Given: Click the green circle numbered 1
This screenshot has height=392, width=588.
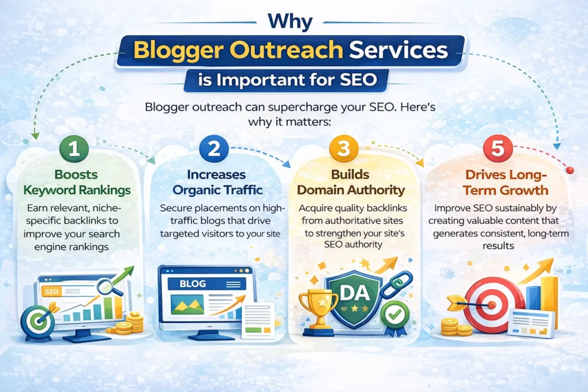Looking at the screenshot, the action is tap(74, 149).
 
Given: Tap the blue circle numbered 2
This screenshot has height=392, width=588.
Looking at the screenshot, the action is tap(214, 149).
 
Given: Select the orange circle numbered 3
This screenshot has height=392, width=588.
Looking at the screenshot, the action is tap(343, 149).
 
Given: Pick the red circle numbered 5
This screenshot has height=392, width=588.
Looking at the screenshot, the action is tap(498, 149).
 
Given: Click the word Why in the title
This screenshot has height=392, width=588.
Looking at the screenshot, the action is tap(290, 21).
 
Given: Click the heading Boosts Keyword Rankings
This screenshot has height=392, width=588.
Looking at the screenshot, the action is tap(76, 182).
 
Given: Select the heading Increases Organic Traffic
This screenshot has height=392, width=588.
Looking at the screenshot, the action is tap(217, 182).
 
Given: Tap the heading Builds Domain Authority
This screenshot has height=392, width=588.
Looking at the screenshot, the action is tap(351, 182).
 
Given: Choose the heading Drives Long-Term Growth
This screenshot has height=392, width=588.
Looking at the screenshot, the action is tap(505, 182).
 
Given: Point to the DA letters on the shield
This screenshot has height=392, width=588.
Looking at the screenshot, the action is tap(355, 292).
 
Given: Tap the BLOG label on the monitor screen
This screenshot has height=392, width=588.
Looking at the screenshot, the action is tap(193, 284).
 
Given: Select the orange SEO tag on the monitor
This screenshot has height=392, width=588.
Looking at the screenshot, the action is tap(51, 291).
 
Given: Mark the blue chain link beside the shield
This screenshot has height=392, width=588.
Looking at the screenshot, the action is tap(396, 285).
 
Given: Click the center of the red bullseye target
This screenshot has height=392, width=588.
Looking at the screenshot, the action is tap(492, 305).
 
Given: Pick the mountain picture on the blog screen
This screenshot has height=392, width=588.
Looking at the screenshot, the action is tap(187, 304).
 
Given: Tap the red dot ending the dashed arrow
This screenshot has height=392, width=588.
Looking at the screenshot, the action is tap(570, 170).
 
